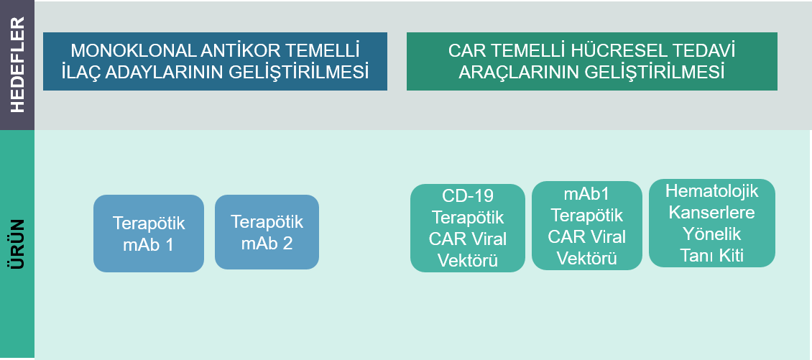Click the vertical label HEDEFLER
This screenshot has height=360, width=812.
[18, 65]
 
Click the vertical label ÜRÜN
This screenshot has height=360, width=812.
[18, 244]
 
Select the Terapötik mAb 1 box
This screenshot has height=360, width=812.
[149, 234]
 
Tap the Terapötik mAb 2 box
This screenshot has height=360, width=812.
[267, 232]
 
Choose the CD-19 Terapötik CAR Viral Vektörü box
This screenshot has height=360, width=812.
[468, 228]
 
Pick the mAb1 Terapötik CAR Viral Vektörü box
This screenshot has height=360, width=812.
[587, 226]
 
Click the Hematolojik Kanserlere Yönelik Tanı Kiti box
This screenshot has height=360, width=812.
[712, 223]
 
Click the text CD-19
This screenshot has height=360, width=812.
[468, 195]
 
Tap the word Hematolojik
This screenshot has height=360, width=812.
[712, 190]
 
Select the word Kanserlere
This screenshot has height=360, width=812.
[712, 213]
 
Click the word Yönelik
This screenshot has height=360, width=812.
[712, 234]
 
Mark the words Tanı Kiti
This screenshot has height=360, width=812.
[712, 256]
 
